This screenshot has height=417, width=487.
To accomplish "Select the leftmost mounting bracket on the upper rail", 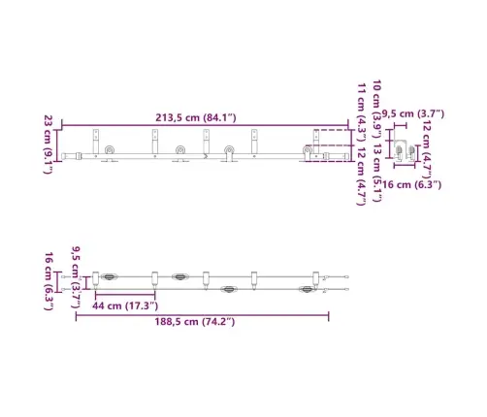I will pyautogui.click(x=96, y=142).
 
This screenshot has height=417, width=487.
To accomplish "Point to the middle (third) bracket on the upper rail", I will pyautogui.click(x=206, y=142).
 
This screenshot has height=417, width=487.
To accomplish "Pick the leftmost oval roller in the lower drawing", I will pyautogui.click(x=111, y=276).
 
